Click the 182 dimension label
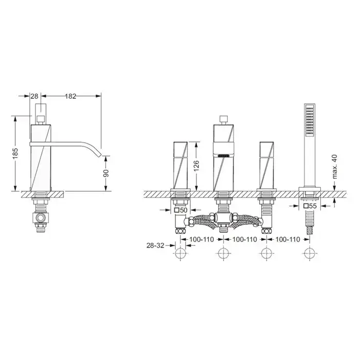click(70, 96)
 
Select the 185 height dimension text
click(15, 153)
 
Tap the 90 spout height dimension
click(106, 174)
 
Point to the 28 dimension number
click(34, 96)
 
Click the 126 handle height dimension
click(196, 166)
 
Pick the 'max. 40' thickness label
click(335, 167)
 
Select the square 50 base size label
click(181, 210)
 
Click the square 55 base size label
click(310, 206)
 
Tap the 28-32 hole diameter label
click(155, 245)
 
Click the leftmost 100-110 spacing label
click(202, 240)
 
